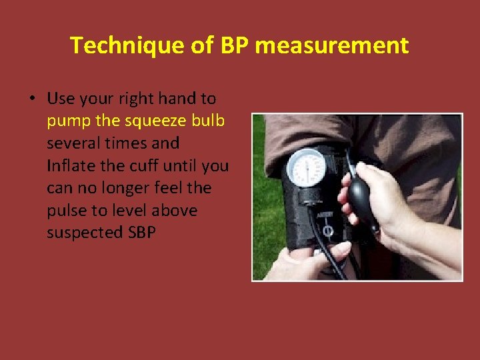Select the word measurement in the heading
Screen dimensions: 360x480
[x=331, y=45]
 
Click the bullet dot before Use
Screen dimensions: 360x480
[x=32, y=99]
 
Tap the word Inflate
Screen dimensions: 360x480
[x=70, y=165]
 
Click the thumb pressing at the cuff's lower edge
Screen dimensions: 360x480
[x=337, y=251]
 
